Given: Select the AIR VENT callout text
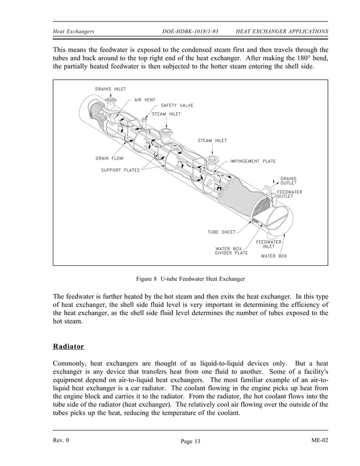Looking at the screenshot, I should [144, 100].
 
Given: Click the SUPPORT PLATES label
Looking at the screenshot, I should [120, 170].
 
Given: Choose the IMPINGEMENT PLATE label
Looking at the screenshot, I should [253, 161].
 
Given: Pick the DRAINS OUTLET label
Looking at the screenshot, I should [288, 181].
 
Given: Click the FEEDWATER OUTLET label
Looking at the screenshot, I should [289, 194].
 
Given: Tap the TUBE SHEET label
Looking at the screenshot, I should [221, 231].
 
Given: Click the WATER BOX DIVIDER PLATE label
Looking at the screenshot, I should [231, 251].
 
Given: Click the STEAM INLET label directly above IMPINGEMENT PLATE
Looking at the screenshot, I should [212, 140].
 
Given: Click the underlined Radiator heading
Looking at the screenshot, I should [68, 346].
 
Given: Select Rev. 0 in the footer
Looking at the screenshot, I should [60, 440].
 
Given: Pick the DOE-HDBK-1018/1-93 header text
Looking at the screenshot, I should [190, 31].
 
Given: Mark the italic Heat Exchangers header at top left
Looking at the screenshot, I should [73, 31].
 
